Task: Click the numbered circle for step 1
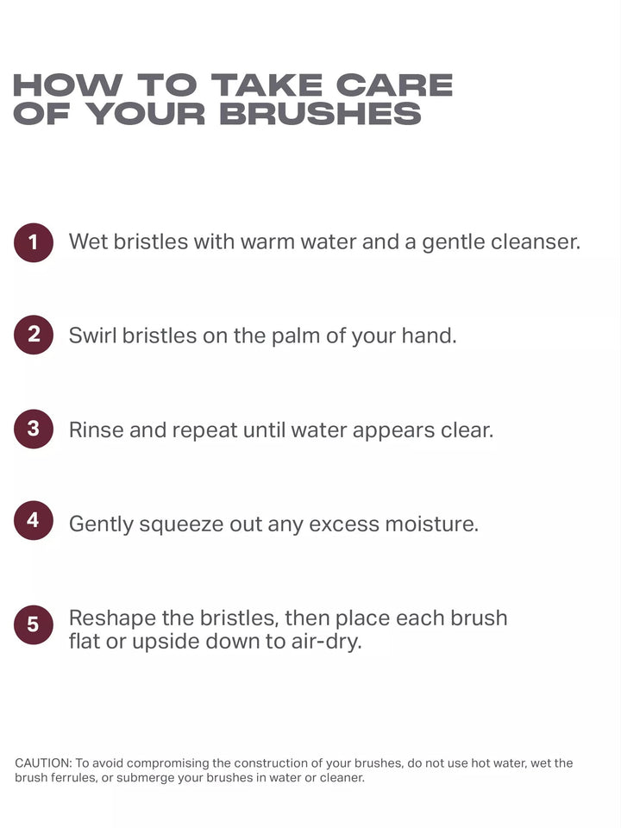coord(34,242)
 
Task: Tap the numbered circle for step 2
coord(34,335)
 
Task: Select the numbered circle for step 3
coord(34,429)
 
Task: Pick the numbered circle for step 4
coord(34,521)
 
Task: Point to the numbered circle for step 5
coord(34,624)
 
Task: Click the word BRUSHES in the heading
coord(320,114)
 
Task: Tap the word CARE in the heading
coord(394,85)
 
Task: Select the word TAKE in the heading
coord(267,85)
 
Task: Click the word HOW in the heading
coord(67,85)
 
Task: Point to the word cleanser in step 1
coord(536,241)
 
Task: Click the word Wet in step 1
coord(88,241)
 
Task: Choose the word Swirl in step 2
coord(92,336)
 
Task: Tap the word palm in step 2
coord(295,336)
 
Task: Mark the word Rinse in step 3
coord(96,430)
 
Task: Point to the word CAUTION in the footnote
coord(43,763)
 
